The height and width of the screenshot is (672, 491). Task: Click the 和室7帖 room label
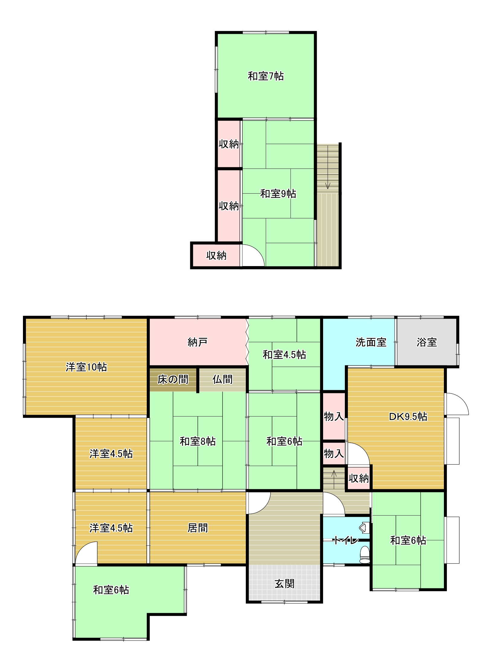265,76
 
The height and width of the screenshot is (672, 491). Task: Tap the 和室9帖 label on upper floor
278,194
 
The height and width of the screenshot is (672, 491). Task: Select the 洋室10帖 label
86,367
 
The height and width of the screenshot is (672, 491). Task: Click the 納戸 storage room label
197,342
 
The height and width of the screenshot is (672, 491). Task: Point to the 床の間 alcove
173,379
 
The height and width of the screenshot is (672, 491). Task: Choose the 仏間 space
223,379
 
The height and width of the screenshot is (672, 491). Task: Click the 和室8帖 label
197,441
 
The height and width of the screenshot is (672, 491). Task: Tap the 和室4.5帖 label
284,355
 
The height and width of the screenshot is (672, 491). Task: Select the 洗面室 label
371,342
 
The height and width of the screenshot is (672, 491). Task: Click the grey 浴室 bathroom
426,342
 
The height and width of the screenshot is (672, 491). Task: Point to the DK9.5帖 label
408,416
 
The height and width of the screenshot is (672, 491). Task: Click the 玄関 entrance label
284,584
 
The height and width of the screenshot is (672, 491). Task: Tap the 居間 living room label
197,528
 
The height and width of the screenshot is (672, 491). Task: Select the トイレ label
346,540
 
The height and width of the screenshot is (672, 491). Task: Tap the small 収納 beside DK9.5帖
358,478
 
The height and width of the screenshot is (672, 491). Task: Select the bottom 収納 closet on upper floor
216,256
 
